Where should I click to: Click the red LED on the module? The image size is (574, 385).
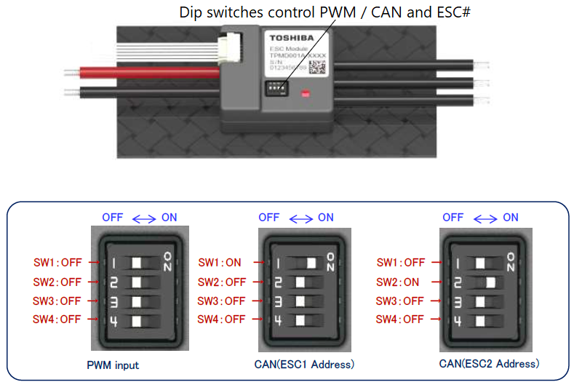coord(306,93)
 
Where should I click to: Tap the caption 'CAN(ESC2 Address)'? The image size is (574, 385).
coord(489,363)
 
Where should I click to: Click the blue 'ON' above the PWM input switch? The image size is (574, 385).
coord(170,217)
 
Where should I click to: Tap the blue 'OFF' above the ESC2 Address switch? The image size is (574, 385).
coord(453,217)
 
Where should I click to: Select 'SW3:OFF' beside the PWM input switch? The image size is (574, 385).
coord(60,301)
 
